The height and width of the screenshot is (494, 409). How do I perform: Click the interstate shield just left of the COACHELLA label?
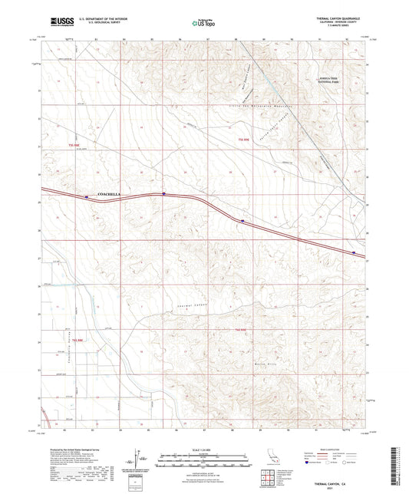[87, 196]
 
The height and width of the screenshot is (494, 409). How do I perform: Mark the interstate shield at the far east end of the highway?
[354, 251]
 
